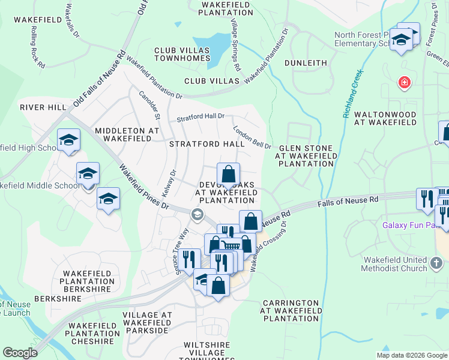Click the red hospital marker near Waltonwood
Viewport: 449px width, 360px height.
(x=405, y=83)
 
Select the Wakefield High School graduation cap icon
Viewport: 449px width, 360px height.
(x=68, y=140)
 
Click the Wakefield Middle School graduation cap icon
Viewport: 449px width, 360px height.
(x=88, y=173)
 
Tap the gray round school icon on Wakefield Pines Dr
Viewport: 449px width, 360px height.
(x=196, y=215)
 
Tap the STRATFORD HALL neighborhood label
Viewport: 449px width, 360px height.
(x=206, y=144)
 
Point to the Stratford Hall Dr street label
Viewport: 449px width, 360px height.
(x=200, y=117)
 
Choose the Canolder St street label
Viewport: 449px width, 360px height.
(x=148, y=104)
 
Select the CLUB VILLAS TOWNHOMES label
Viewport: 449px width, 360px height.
(x=182, y=55)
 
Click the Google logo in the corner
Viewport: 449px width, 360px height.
(x=20, y=353)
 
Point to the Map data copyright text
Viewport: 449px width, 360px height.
(x=411, y=355)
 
